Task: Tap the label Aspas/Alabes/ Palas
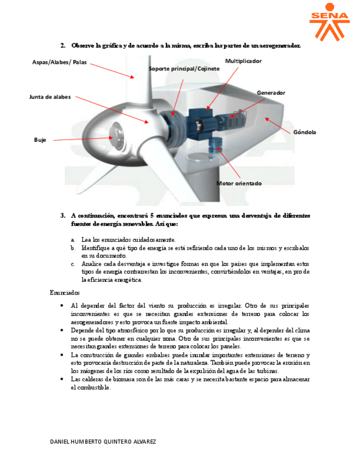point(59,63)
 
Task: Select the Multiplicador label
point(243,60)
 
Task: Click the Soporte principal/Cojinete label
point(184,68)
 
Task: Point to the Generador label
point(271,93)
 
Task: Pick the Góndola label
point(304,132)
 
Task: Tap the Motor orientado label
point(239,183)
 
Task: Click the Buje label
point(40,140)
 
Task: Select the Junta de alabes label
point(50,97)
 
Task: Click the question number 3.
point(63,215)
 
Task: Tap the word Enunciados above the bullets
point(65,293)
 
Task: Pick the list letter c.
point(73,264)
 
